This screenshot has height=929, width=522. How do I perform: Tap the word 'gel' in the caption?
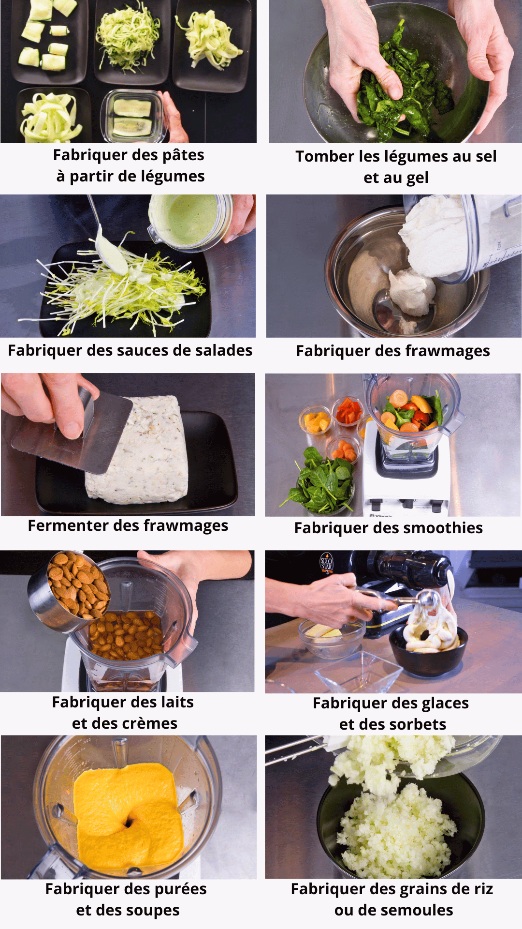coord(418,178)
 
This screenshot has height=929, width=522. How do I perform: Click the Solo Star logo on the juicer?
coord(327,564)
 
